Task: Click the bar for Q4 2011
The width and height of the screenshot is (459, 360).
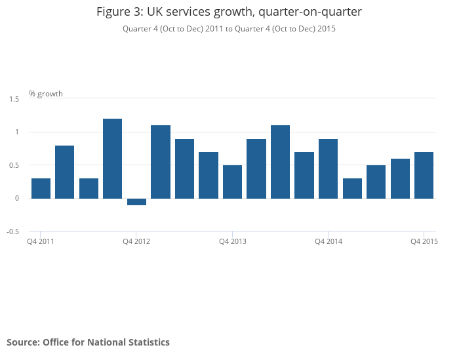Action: click(x=41, y=188)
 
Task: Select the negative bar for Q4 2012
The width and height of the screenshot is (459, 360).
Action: click(x=136, y=202)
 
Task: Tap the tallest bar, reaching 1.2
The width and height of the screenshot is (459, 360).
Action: click(x=112, y=159)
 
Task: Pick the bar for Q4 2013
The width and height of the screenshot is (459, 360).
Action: click(x=232, y=182)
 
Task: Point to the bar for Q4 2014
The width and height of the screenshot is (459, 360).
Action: click(x=328, y=169)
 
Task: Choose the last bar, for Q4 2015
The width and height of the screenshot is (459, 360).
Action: click(x=424, y=175)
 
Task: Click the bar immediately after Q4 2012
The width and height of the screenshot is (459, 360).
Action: click(x=161, y=162)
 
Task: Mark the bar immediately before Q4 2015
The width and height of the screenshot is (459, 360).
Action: click(x=400, y=178)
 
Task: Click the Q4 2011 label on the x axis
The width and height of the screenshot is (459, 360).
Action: click(x=41, y=242)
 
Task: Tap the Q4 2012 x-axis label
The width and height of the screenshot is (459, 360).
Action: click(x=136, y=242)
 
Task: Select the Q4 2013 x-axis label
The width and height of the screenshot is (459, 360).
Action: click(x=233, y=242)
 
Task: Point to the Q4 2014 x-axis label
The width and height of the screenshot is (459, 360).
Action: click(x=329, y=242)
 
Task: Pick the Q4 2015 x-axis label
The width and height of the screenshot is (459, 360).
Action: click(x=424, y=242)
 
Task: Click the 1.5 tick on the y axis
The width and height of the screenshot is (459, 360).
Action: click(x=14, y=99)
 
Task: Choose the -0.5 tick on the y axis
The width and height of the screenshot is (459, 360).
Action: click(x=13, y=231)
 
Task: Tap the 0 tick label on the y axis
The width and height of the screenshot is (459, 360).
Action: click(x=18, y=198)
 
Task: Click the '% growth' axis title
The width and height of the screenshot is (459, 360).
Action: click(x=46, y=94)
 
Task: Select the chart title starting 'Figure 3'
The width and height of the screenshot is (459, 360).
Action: click(x=229, y=12)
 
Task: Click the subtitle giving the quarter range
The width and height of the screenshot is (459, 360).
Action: click(x=229, y=28)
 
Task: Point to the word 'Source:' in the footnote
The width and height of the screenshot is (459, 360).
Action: click(x=23, y=342)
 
